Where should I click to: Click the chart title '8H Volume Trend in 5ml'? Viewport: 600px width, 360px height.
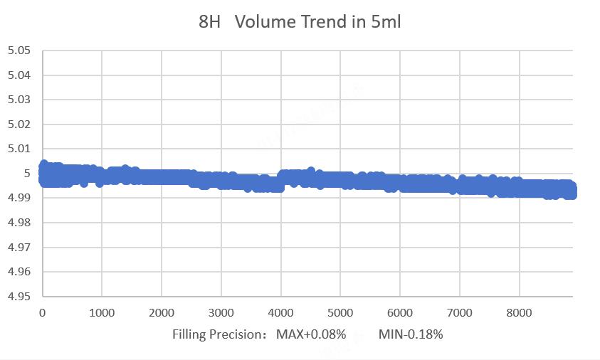[x=300, y=22]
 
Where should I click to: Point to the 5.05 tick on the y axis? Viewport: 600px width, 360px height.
[x=19, y=51]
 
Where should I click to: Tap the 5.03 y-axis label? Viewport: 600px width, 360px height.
[x=19, y=100]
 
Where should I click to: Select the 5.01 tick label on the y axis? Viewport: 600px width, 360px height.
[x=19, y=149]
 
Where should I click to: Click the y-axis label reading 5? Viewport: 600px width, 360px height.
[x=28, y=174]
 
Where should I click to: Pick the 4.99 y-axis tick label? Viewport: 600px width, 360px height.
[x=19, y=198]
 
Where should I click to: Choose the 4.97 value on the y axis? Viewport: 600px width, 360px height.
[x=19, y=247]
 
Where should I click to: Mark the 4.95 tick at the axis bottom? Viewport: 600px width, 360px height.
[x=19, y=296]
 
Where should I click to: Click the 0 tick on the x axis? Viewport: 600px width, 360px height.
[x=43, y=312]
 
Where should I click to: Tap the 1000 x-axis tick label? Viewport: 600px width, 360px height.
[x=102, y=312]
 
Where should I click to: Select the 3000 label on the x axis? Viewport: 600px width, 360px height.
[x=221, y=312]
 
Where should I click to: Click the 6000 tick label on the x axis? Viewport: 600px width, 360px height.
[x=400, y=312]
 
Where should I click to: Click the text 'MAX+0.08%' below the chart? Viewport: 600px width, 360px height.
[x=311, y=334]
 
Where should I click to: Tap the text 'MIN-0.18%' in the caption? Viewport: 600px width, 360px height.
[x=411, y=334]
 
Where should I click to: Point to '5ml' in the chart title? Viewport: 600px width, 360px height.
[x=386, y=22]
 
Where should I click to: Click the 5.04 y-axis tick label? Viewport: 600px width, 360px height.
[x=19, y=75]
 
